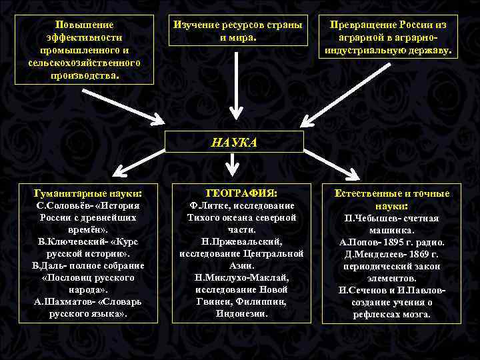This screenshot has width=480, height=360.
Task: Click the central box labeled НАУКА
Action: pyautogui.click(x=234, y=141)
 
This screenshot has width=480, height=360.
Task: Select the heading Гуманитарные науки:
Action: pyautogui.click(x=88, y=193)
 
